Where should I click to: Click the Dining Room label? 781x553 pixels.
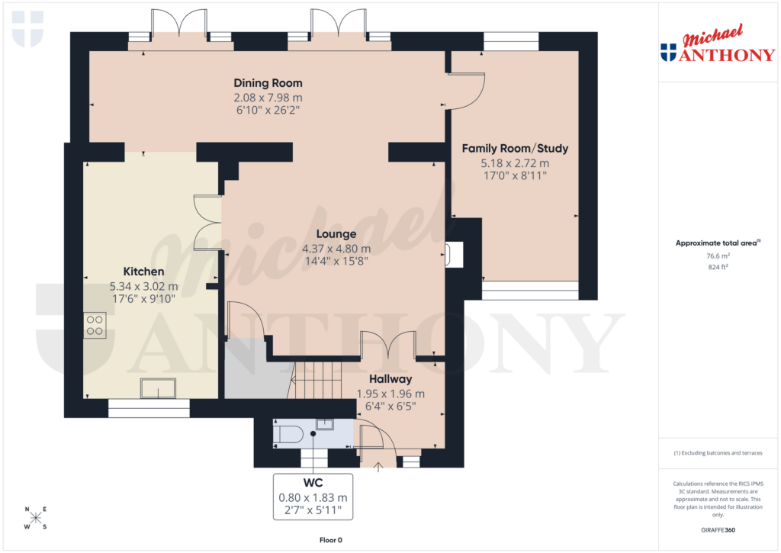(268, 83)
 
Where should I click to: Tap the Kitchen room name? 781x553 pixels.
(143, 272)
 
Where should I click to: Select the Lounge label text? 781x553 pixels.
(336, 234)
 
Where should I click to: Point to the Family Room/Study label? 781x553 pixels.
(515, 148)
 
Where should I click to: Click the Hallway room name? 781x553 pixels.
(390, 379)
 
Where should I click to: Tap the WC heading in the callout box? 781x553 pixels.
(313, 483)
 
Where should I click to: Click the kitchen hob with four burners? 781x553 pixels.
(95, 326)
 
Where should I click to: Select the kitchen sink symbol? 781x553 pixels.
(158, 388)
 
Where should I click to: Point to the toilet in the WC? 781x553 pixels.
(288, 435)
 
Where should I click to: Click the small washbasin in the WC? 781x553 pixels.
(324, 424)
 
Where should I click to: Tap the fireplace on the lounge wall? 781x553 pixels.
(453, 256)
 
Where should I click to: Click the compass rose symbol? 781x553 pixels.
(35, 518)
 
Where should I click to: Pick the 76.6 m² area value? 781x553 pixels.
(717, 257)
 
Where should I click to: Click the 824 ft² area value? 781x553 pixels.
(717, 268)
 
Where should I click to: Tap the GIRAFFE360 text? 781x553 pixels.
(717, 530)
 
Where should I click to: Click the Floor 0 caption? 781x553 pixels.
(332, 540)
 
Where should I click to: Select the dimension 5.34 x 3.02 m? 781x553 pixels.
(143, 287)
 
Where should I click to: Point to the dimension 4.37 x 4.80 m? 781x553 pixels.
(336, 249)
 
